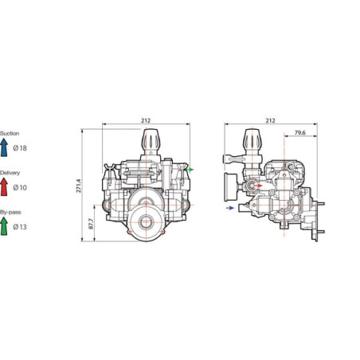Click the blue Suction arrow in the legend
click(x=4, y=147)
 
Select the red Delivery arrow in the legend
click(x=4, y=186)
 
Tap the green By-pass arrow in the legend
click(x=4, y=226)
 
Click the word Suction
click(x=10, y=133)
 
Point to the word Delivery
click(x=10, y=173)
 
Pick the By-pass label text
click(x=10, y=212)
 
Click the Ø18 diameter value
click(x=20, y=148)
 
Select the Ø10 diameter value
click(x=20, y=187)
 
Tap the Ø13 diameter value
click(x=20, y=227)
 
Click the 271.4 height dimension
click(x=79, y=186)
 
